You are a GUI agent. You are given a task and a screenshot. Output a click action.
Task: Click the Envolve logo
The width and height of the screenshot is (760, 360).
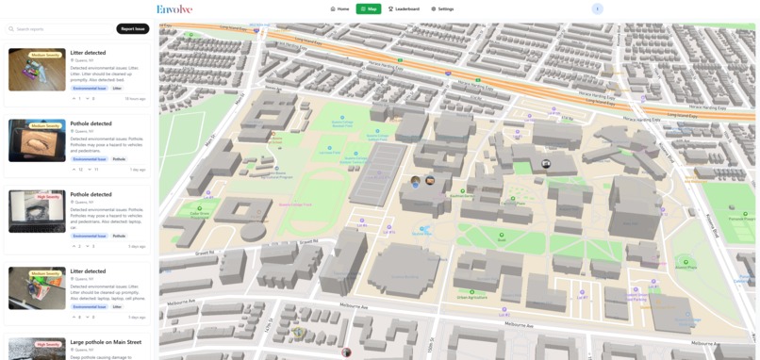173,8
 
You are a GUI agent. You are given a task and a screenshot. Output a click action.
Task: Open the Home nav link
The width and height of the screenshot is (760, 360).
339,8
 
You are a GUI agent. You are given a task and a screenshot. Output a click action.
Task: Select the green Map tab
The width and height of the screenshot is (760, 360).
369,8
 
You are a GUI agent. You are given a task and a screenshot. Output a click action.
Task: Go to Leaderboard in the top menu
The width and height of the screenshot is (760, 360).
404,8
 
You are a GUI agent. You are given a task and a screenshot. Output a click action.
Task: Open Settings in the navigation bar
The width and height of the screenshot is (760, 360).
442,8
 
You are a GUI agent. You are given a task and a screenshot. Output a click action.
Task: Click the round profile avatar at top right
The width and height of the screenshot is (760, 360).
597,8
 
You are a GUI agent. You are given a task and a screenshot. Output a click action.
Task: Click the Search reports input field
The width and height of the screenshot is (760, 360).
64,29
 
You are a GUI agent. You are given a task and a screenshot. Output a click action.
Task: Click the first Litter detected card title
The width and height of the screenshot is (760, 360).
88,53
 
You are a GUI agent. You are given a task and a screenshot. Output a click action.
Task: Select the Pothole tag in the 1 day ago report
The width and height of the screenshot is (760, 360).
119,159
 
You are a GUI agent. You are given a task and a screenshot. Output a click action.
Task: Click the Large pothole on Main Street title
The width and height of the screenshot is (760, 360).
106,342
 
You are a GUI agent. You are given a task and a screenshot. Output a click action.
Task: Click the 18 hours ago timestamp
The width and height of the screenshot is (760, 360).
135,98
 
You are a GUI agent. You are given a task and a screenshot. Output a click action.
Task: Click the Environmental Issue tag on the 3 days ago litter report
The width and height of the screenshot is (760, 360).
90,306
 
